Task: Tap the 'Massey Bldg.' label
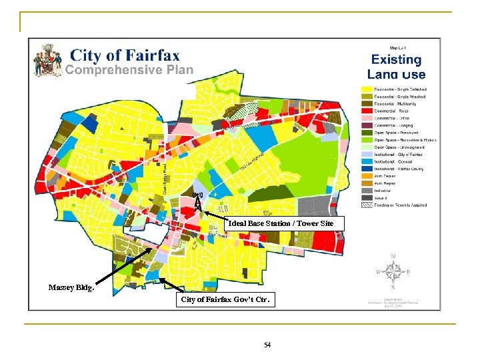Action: (x=71, y=288)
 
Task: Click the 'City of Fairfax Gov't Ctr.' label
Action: (x=226, y=300)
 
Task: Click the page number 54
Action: (x=267, y=345)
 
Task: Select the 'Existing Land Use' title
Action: (x=396, y=67)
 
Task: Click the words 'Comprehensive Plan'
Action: (x=129, y=70)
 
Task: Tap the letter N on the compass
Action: (x=393, y=256)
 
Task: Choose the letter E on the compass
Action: (x=409, y=272)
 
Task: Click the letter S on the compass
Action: (x=393, y=288)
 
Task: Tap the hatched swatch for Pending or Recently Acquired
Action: (x=366, y=205)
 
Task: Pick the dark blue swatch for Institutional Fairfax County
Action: (x=366, y=169)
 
